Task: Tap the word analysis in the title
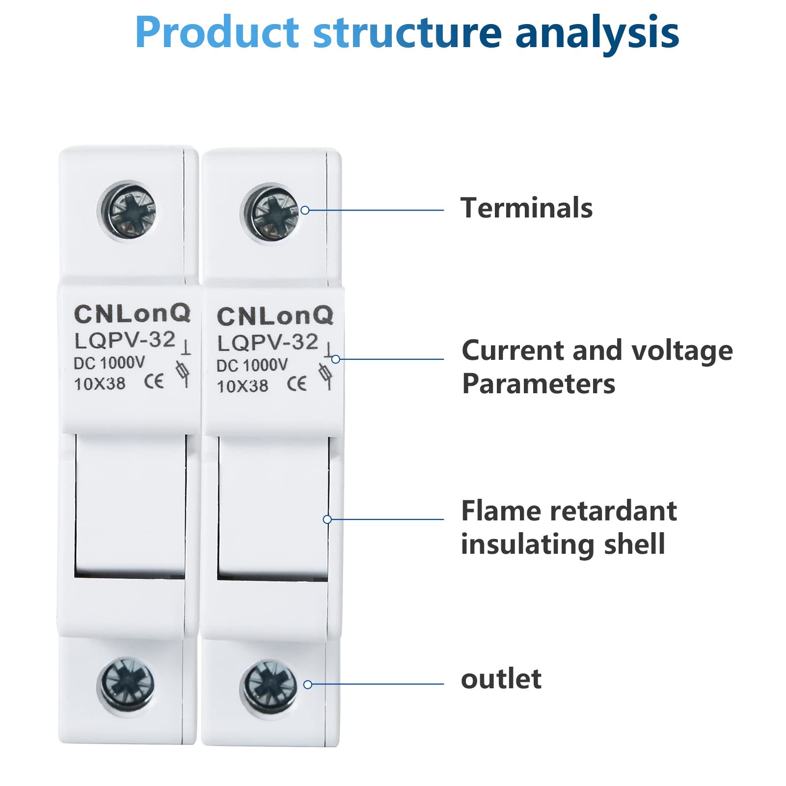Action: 597,34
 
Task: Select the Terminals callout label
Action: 526,208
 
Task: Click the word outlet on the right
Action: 501,679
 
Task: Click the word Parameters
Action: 539,383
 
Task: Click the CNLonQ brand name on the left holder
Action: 132,314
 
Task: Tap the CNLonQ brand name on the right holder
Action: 275,316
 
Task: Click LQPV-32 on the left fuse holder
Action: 125,340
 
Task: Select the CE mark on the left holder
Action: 154,382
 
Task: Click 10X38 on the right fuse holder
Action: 243,386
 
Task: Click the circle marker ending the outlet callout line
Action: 308,684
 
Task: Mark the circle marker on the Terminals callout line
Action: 305,210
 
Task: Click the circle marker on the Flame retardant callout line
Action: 327,519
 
